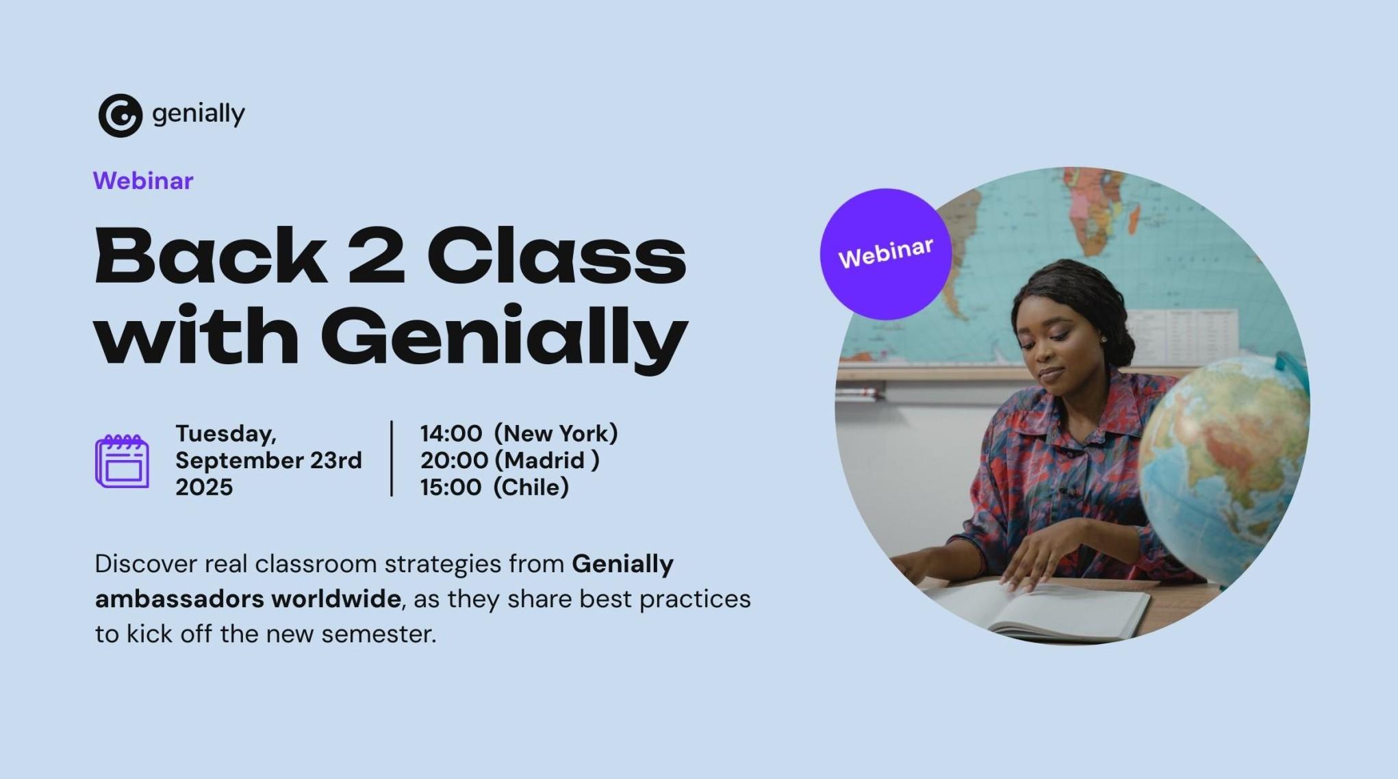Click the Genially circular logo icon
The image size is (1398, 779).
coord(120,116)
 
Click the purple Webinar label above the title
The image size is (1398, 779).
coord(143,181)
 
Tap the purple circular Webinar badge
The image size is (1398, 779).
coord(886,254)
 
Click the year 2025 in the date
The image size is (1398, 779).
coord(204,487)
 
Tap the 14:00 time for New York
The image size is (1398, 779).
coord(451,433)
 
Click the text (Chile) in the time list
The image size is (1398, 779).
coord(531,487)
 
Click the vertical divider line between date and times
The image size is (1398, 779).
coord(392,458)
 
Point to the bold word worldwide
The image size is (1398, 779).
coord(335,599)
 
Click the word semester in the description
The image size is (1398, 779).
coord(379,635)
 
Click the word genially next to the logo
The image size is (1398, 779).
coord(199,114)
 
